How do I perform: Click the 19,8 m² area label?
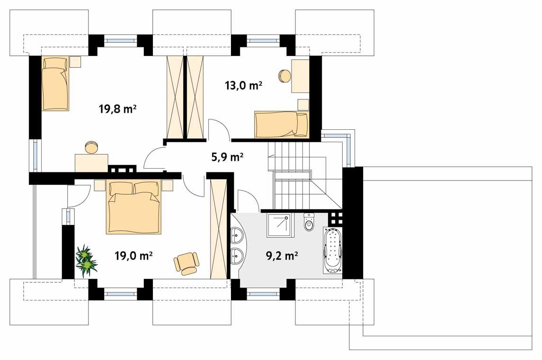tap(117, 110)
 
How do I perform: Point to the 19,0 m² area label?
tap(133, 256)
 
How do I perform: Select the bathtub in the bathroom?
tap(332, 250)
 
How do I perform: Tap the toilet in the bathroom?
tap(309, 222)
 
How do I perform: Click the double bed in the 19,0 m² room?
tap(134, 207)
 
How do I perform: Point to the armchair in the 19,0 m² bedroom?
tap(187, 263)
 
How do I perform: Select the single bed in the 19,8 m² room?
tap(55, 84)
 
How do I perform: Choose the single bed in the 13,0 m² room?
tap(281, 124)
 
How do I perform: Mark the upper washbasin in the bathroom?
tap(237, 234)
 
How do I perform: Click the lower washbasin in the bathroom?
tap(237, 256)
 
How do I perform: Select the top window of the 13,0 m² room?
tap(263, 41)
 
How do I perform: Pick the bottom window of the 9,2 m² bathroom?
tap(263, 294)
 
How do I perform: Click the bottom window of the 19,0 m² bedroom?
tap(120, 294)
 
